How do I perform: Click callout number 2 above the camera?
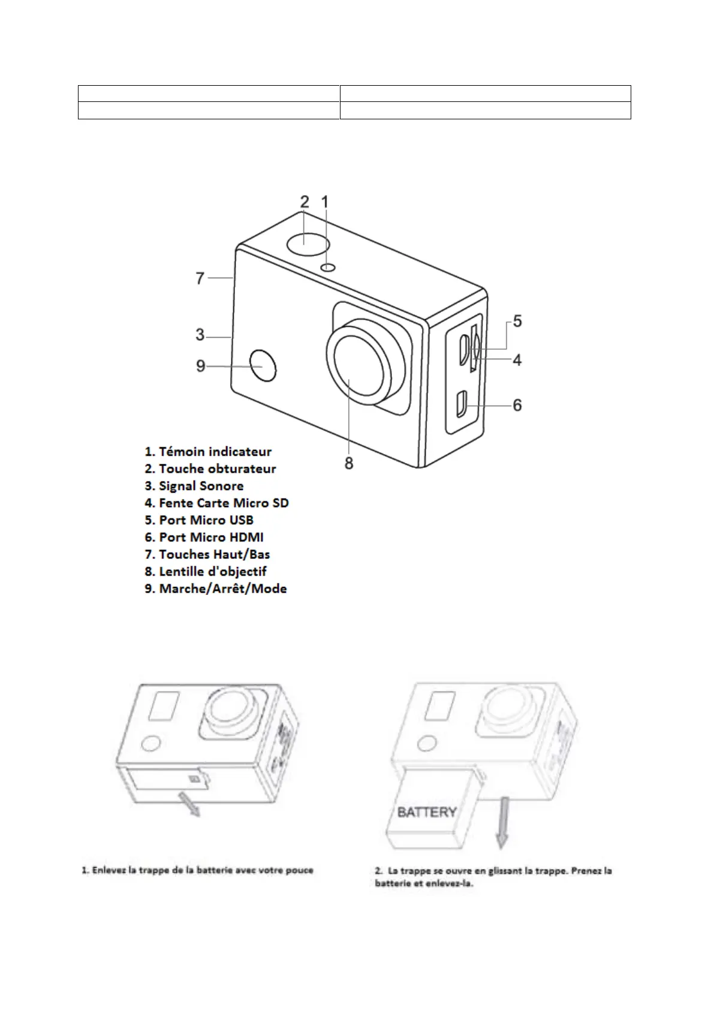pos(305,202)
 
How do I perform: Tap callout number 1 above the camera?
pos(325,202)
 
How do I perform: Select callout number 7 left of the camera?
pos(200,278)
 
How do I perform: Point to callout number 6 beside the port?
pos(517,405)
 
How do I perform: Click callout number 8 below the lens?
pos(349,463)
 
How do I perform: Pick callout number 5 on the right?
pos(517,321)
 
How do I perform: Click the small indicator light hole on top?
pos(327,267)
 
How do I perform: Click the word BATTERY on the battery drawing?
pos(427,812)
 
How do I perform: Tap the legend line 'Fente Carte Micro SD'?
pos(216,503)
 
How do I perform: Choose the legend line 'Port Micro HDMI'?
pos(204,537)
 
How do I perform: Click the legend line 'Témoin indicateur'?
pos(208,452)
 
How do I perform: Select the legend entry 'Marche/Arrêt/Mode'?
pos(216,589)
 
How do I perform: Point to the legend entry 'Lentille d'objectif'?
pos(206,572)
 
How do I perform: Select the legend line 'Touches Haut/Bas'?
pos(207,555)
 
